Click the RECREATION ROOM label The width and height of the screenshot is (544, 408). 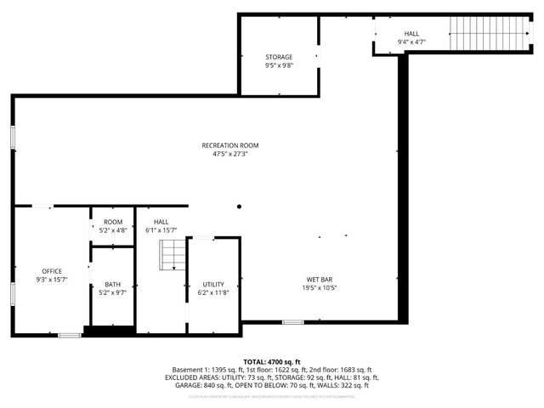coord(229,145)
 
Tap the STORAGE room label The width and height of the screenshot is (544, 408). coord(279,57)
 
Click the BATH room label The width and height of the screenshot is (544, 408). coord(113,285)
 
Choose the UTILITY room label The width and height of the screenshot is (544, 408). coord(213,284)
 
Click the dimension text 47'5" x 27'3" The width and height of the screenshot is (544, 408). coord(229,155)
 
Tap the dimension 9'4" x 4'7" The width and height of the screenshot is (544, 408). coord(411,42)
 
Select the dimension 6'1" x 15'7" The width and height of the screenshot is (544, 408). coord(161,230)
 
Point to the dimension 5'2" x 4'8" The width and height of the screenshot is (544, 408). coord(113,230)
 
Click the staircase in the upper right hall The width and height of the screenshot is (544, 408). coord(477,35)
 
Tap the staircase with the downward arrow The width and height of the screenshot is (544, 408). coord(173,254)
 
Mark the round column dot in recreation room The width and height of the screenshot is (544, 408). coord(240,206)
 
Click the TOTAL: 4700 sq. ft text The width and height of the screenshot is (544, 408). coord(271,361)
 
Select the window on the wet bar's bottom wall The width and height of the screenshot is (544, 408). coord(293,321)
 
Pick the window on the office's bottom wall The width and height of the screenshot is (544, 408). coord(69,335)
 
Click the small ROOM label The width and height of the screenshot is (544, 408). coord(113,222)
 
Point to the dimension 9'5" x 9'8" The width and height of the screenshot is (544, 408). coord(279,66)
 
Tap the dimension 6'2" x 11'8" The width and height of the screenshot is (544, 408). coord(213,292)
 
